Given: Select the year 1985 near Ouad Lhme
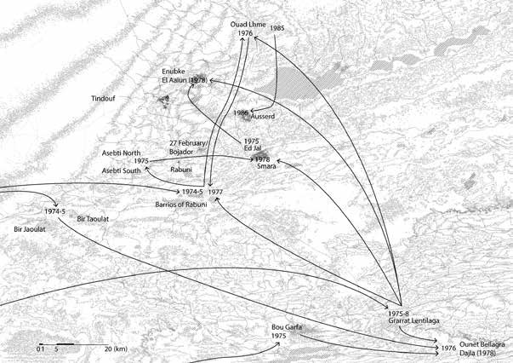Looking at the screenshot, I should pos(277,28).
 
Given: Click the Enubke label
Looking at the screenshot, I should pos(175,70).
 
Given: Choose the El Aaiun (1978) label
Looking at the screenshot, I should pos(185,79).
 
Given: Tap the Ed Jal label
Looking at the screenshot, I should pos(252,149).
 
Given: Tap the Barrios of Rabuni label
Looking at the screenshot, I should pos(182,205).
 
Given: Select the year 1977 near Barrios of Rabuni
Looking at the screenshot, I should pos(214,193).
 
